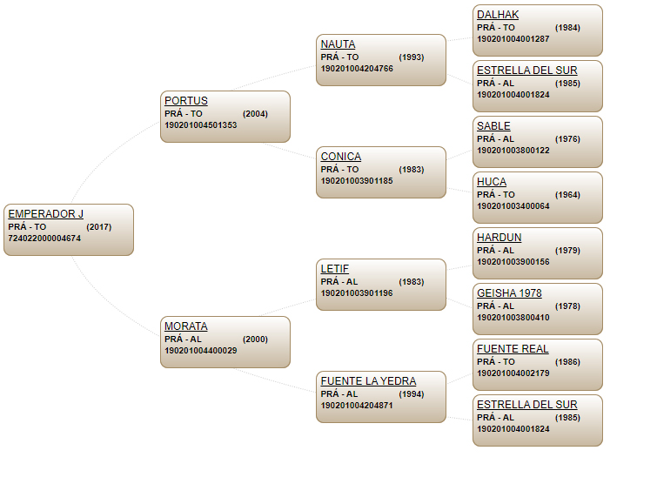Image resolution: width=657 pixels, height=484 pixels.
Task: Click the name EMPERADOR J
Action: click(45, 214)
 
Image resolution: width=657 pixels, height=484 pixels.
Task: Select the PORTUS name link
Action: click(186, 101)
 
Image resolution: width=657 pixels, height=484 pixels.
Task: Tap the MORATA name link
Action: click(186, 326)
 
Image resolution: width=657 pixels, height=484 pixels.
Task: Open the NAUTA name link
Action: click(339, 44)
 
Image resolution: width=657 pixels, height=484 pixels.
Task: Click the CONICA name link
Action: click(341, 157)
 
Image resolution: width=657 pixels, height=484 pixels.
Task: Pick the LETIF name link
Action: click(335, 269)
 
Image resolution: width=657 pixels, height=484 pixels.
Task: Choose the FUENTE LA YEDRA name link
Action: click(368, 381)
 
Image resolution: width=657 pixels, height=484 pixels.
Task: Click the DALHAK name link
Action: click(498, 15)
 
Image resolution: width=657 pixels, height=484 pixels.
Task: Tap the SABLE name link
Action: click(493, 126)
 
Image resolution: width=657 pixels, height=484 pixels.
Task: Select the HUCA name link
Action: click(492, 182)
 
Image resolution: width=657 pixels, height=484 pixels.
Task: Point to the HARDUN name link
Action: click(499, 238)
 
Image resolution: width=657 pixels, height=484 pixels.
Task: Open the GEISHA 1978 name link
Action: click(509, 293)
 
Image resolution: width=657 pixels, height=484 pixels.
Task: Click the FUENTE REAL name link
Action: click(513, 349)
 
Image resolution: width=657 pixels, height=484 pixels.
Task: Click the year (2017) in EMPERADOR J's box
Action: click(99, 226)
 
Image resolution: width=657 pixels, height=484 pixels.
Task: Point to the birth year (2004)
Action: click(255, 113)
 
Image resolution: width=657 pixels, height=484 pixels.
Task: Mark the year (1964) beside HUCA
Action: click(567, 194)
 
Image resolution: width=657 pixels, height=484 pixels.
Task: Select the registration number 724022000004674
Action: click(44, 238)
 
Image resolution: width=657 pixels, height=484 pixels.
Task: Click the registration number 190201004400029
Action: click(201, 350)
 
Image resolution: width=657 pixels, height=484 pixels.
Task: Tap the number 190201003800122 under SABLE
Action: click(513, 150)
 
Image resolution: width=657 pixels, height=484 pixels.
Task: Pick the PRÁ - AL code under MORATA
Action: click(183, 339)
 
